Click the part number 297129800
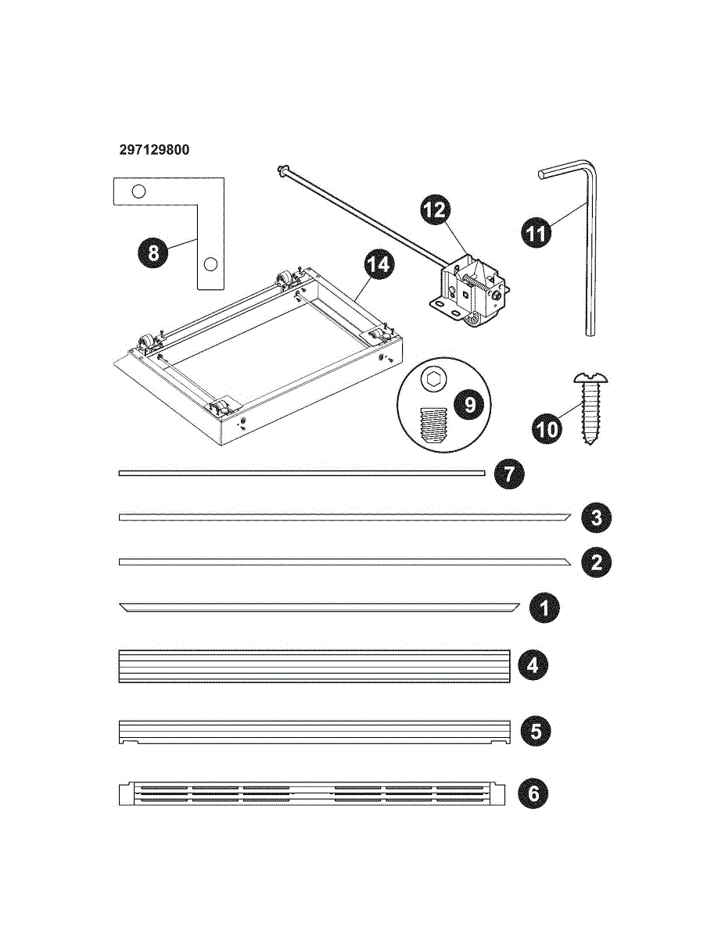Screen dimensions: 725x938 [154, 150]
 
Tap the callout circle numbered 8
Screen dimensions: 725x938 [153, 252]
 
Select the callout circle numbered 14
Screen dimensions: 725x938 [379, 264]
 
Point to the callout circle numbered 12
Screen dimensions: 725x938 [436, 209]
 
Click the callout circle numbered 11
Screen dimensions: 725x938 [537, 233]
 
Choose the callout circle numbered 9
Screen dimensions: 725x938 [469, 404]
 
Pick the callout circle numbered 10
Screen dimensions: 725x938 [547, 429]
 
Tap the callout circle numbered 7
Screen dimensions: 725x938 [509, 474]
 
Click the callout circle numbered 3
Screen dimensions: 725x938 [596, 517]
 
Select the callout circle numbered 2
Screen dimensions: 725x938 [596, 562]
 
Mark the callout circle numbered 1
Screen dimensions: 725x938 [544, 607]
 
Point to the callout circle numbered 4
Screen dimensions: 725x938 [533, 666]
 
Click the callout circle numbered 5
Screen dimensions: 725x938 [536, 731]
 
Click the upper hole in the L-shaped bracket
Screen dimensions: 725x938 [138, 191]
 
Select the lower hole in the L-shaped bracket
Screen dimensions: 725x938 [210, 264]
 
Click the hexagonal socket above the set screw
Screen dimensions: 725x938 [432, 381]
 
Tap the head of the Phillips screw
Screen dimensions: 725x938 [590, 378]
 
